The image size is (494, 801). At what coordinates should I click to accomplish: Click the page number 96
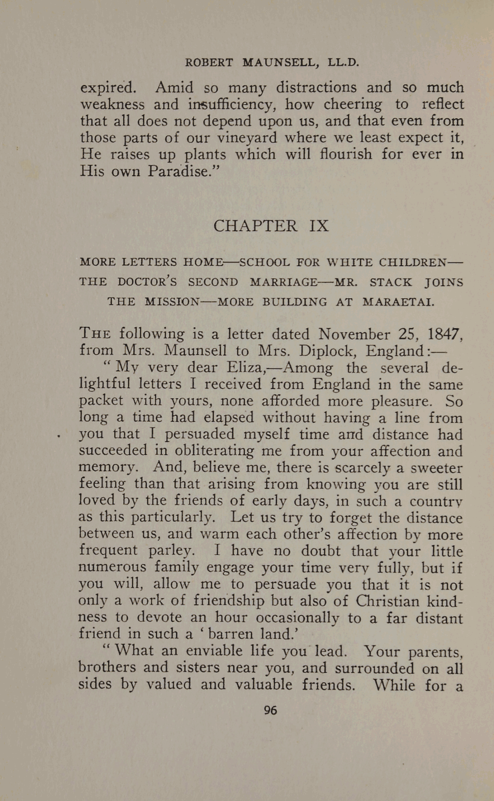click(270, 710)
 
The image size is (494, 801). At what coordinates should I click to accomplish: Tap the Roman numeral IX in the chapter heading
click(319, 226)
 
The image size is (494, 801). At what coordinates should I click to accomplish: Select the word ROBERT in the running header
click(208, 63)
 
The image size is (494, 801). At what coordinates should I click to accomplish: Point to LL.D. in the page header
click(342, 63)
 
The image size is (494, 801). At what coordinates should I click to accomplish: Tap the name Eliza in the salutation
click(246, 367)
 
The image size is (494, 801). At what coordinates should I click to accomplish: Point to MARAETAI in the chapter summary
click(398, 302)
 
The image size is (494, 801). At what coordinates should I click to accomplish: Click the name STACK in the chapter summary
click(391, 282)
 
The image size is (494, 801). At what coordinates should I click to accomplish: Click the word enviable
click(215, 651)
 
